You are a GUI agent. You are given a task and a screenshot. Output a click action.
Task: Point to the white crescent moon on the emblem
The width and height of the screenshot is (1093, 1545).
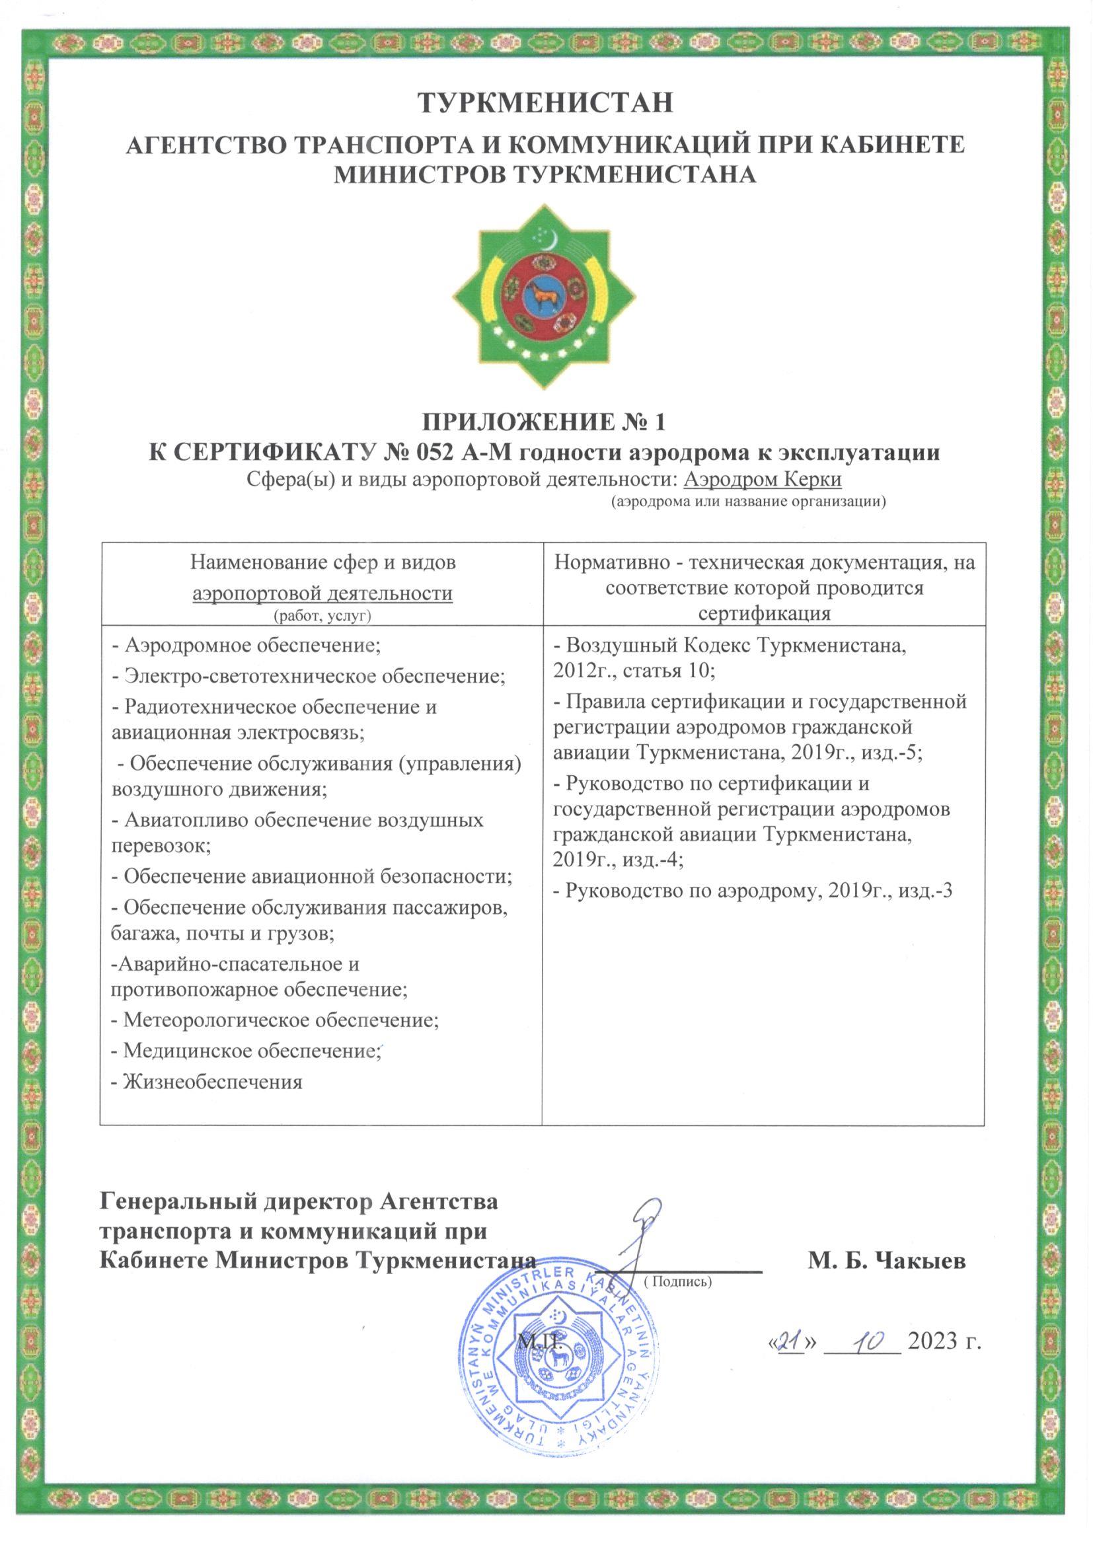[x=550, y=235]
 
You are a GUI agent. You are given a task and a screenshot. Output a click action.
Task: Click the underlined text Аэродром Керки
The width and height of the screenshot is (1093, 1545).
[x=763, y=480]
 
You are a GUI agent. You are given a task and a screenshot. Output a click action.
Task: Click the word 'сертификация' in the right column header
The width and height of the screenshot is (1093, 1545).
[x=764, y=613]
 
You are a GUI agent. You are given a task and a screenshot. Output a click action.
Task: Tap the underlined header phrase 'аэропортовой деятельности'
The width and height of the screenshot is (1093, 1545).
[x=322, y=593]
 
